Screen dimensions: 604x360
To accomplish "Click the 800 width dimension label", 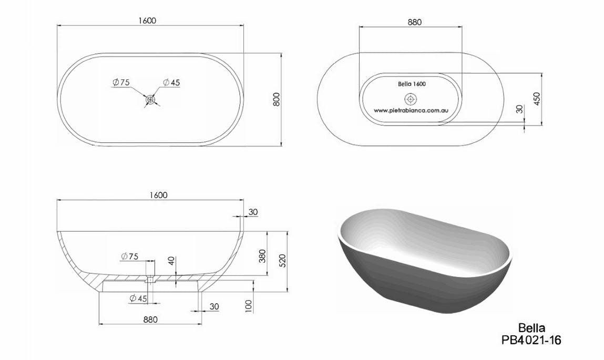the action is tap(276, 99).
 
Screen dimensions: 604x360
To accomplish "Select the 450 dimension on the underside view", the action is tap(537, 98).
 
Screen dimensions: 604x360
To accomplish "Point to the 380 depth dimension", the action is tap(262, 256).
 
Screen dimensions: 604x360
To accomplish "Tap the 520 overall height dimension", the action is tap(282, 261).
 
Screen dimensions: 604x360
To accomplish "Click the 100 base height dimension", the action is tap(249, 306).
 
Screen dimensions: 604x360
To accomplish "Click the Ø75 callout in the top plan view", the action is tap(121, 83).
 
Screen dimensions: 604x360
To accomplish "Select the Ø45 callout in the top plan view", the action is tap(171, 83).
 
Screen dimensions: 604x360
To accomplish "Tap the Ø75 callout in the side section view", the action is tap(129, 256).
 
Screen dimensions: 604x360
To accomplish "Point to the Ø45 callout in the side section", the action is tap(138, 299).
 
